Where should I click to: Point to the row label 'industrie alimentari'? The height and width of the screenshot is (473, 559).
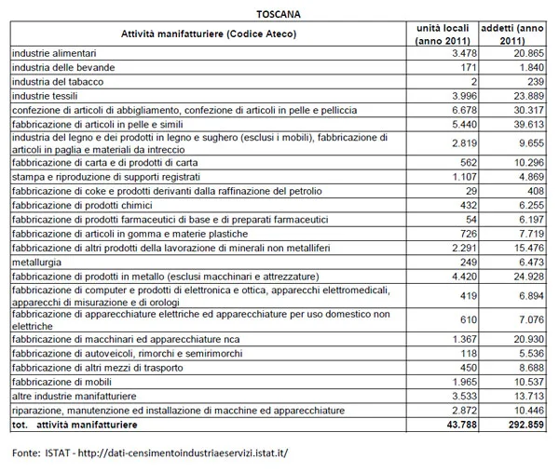[x=53, y=55]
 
